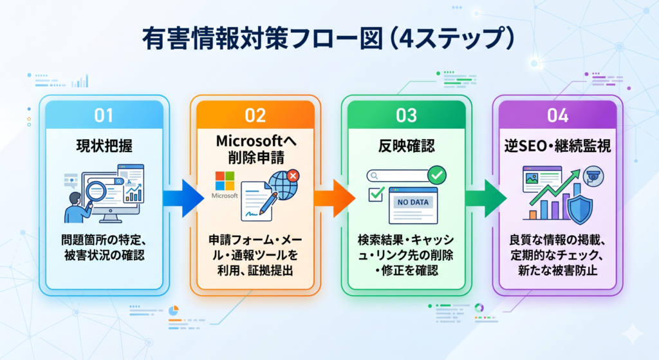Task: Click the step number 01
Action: [x=104, y=115]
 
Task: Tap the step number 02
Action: [x=255, y=115]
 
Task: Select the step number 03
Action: [x=407, y=115]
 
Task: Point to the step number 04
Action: [x=558, y=115]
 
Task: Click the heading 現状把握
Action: [x=104, y=146]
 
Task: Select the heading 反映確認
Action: [x=407, y=146]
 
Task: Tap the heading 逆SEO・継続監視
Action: [x=558, y=146]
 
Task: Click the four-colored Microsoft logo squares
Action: [x=225, y=181]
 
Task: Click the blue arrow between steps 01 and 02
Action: [x=183, y=198]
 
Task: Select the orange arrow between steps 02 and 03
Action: [x=335, y=198]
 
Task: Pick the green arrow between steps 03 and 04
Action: [x=486, y=198]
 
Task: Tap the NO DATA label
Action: [x=413, y=202]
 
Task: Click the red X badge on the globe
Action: [x=293, y=176]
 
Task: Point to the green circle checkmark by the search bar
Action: [x=437, y=175]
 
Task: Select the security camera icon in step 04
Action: [x=593, y=176]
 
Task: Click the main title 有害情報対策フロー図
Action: [x=263, y=39]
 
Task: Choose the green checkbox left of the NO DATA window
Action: [x=376, y=194]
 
